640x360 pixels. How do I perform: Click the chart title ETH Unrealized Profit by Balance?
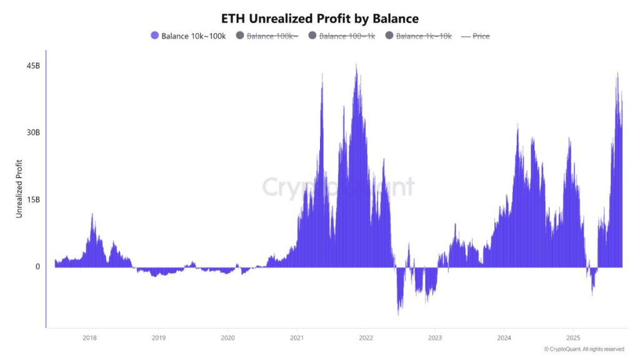coord(320,18)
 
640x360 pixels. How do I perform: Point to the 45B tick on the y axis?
coord(33,66)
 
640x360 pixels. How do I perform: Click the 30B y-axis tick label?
coord(33,132)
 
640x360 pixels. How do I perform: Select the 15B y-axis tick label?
coord(33,199)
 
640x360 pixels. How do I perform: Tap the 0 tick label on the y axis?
coord(37,266)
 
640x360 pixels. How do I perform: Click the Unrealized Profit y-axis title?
coord(19,189)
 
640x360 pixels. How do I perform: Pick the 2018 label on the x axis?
coord(89,337)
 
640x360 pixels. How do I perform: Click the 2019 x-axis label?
coord(159,337)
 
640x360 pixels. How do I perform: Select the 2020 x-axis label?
coord(228,337)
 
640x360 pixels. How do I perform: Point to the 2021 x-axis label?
coord(297,337)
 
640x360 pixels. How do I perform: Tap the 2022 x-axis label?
coord(366,337)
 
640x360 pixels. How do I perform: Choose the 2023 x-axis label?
coord(436,337)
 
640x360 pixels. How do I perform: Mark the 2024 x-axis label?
coord(504,337)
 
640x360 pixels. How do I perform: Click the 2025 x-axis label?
coord(574,337)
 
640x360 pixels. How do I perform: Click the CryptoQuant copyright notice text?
coord(584,349)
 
